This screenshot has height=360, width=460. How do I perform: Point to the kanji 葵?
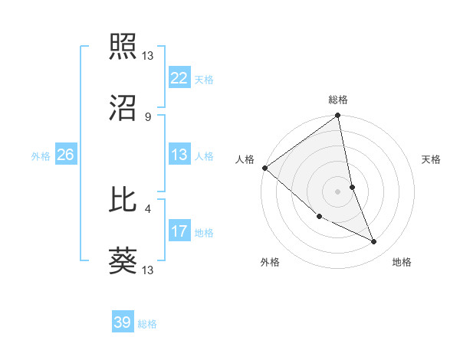123,261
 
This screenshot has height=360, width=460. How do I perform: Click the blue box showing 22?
179,78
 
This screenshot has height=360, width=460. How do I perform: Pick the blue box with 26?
65,155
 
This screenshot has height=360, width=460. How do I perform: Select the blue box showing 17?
179,231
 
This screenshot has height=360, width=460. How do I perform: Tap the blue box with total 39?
123,322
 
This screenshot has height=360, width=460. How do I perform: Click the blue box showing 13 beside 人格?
179,155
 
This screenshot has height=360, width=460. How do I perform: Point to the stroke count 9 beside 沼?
147,116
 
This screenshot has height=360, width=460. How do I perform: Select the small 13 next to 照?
148,55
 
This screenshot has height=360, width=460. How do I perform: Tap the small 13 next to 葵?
148,270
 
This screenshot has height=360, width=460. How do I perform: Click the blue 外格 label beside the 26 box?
41,155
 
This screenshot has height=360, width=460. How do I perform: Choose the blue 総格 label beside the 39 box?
147,323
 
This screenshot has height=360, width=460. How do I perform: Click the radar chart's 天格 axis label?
431,159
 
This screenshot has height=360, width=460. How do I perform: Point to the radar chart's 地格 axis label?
402,262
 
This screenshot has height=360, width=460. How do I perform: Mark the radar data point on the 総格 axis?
337,116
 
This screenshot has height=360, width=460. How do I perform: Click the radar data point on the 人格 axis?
264,168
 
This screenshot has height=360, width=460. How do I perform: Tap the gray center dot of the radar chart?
337,191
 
